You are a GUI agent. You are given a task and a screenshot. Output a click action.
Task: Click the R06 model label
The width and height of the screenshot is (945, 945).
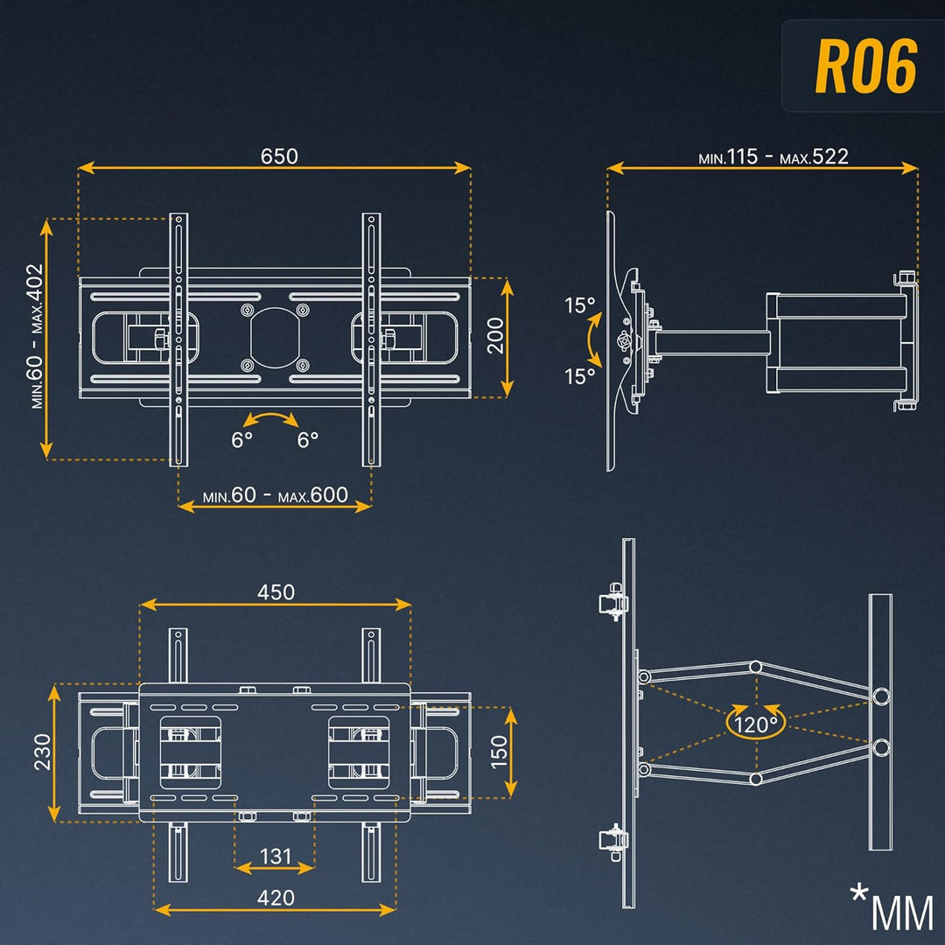point(865,66)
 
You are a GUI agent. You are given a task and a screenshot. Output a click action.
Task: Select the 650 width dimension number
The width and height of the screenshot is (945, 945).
point(279,156)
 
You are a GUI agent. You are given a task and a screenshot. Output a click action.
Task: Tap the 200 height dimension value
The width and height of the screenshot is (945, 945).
point(495,335)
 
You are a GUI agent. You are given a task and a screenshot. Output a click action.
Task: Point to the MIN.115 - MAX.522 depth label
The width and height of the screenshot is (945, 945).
point(773,157)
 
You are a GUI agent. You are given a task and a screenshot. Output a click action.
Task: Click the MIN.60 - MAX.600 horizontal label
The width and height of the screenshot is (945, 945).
point(275,495)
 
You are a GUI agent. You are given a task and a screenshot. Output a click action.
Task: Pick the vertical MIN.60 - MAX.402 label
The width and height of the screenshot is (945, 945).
point(34,336)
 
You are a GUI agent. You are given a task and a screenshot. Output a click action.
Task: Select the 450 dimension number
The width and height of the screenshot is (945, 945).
point(276,592)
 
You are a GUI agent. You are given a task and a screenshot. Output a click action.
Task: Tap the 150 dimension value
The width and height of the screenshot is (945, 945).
point(497,752)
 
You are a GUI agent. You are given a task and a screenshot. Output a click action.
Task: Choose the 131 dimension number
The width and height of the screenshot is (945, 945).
point(275,856)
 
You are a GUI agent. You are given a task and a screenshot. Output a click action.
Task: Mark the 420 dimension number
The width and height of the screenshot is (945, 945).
point(276,898)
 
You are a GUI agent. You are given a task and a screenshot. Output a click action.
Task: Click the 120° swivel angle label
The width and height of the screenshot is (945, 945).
point(756,724)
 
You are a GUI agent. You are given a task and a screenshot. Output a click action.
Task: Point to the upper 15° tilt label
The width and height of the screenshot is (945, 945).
point(579,306)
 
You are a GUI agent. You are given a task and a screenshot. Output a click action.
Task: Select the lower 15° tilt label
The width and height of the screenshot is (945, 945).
point(579,377)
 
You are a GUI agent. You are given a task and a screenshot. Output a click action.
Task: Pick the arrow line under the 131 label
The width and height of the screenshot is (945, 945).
point(275,869)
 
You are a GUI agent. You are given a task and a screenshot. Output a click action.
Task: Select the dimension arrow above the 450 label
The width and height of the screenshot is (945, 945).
point(276,604)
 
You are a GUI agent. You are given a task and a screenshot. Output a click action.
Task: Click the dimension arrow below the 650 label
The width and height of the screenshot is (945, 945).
point(275,168)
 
